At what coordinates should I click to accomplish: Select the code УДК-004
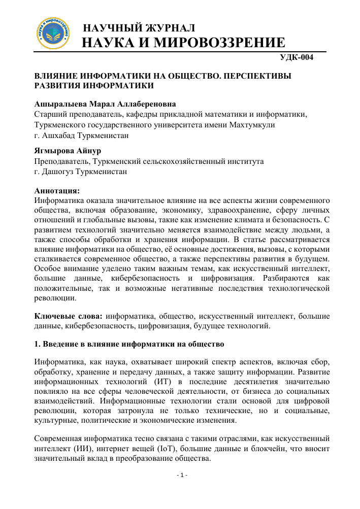tap(298, 57)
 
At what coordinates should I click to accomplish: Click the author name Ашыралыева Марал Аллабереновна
tap(103, 104)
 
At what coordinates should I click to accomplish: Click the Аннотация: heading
tap(57, 191)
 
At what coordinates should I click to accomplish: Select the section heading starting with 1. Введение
tap(129, 344)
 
